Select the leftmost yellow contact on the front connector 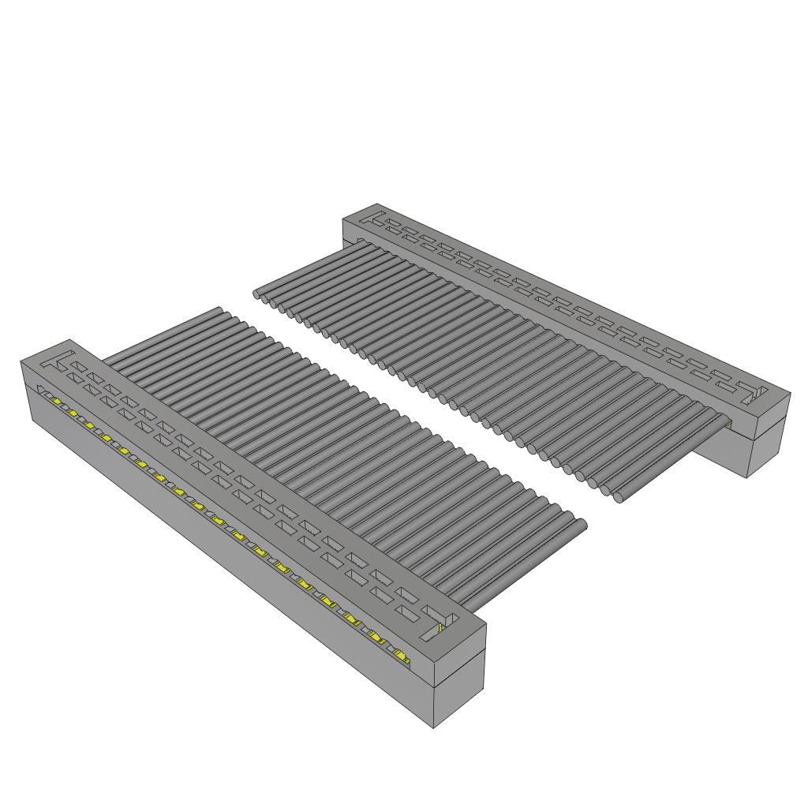[57, 401]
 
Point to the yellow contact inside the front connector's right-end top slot [440, 628]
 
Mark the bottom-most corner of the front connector [435, 728]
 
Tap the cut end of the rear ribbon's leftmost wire [258, 294]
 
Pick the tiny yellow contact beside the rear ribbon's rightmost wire [728, 425]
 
